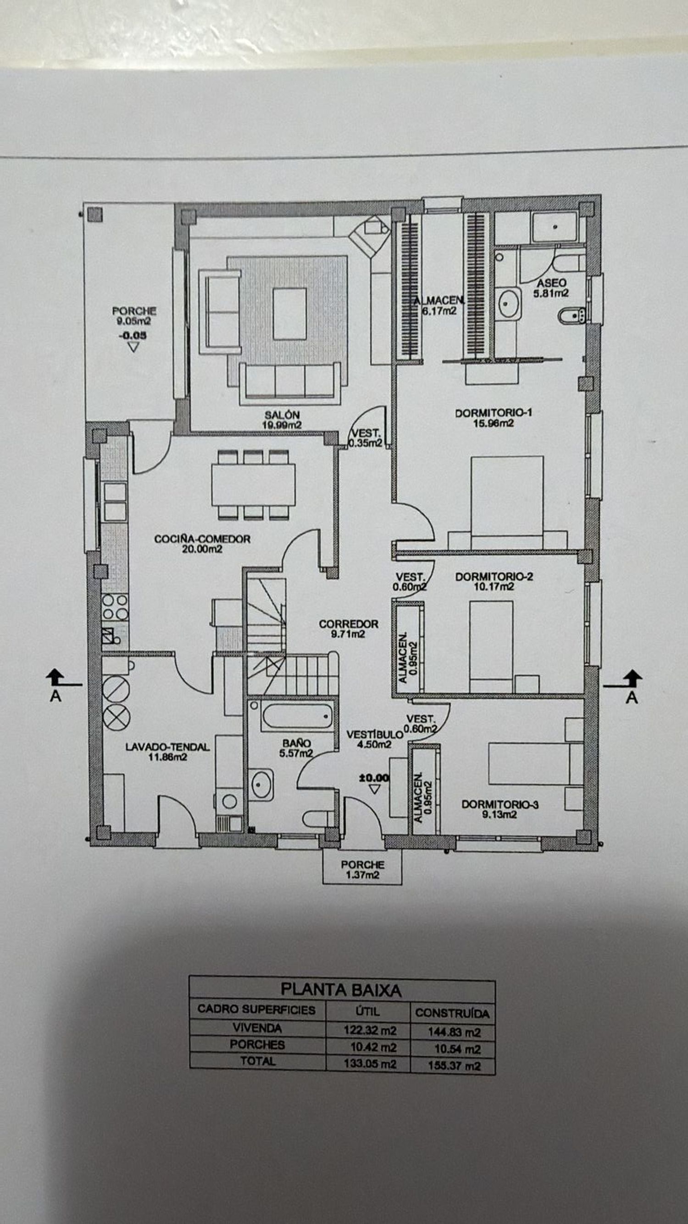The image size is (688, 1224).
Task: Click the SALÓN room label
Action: coord(282,415)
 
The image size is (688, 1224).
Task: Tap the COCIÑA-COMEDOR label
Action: coord(202,539)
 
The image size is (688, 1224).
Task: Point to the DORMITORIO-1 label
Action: coord(494,413)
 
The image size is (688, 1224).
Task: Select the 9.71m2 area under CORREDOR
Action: coord(349,634)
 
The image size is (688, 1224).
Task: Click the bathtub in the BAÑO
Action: coord(297,716)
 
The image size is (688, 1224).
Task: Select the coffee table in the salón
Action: coord(289,314)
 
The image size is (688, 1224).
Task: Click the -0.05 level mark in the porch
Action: coord(133,336)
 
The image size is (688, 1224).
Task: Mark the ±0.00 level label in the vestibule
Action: coord(374,778)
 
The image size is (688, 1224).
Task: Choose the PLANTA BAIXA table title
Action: coord(341,990)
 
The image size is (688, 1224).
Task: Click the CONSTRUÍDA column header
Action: coord(452,1014)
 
